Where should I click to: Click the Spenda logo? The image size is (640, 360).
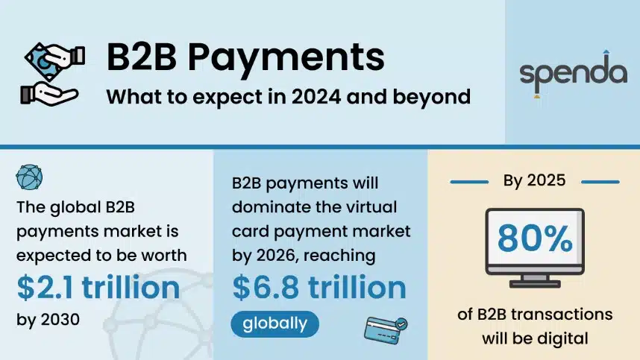pyautogui.click(x=573, y=74)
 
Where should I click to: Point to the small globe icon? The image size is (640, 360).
pyautogui.click(x=29, y=177)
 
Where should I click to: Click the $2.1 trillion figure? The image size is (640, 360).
pyautogui.click(x=98, y=288)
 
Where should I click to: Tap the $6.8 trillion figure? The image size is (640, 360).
pyautogui.click(x=319, y=288)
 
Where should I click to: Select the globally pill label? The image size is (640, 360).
pyautogui.click(x=274, y=323)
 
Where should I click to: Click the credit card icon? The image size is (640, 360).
pyautogui.click(x=386, y=328)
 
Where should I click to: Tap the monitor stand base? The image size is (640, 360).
pyautogui.click(x=535, y=282)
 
